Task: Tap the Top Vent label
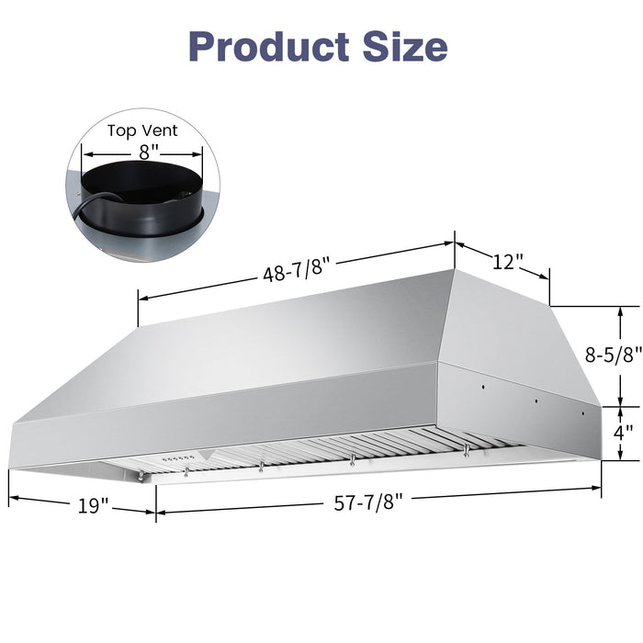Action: click(142, 131)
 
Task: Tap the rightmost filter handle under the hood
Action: click(467, 448)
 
